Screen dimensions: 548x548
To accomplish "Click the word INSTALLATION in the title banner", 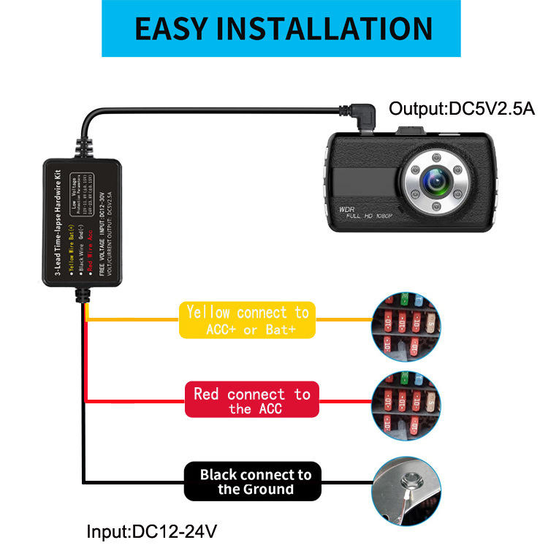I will click(x=332, y=28).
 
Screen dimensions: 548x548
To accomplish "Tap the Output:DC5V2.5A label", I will click(x=462, y=109).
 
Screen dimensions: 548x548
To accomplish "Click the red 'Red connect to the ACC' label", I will click(x=251, y=400).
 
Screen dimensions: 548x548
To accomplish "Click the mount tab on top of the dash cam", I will click(x=411, y=132).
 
